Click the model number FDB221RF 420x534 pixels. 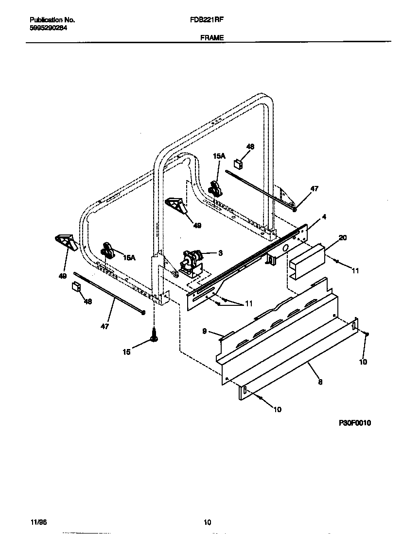[x=210, y=20]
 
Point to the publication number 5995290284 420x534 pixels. [x=49, y=28]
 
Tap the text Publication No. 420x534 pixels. [x=52, y=20]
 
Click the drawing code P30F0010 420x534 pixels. [x=355, y=423]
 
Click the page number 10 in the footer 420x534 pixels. [x=207, y=523]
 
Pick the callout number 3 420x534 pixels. [x=220, y=252]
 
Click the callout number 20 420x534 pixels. [x=343, y=237]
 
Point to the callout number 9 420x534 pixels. [x=205, y=331]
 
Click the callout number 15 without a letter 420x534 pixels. [x=126, y=352]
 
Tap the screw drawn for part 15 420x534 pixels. [x=154, y=334]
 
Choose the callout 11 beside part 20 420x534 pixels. [x=355, y=271]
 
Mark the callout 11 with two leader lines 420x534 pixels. [x=248, y=303]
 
